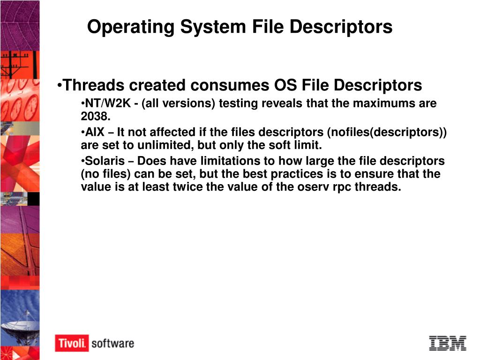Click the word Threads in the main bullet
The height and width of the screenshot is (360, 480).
coord(93,85)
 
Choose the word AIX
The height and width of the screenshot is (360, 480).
coord(94,132)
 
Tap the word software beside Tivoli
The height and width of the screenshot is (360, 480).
coord(112,343)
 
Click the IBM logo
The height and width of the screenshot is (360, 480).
coord(447,343)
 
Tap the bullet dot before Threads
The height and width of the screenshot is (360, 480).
coord(60,86)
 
